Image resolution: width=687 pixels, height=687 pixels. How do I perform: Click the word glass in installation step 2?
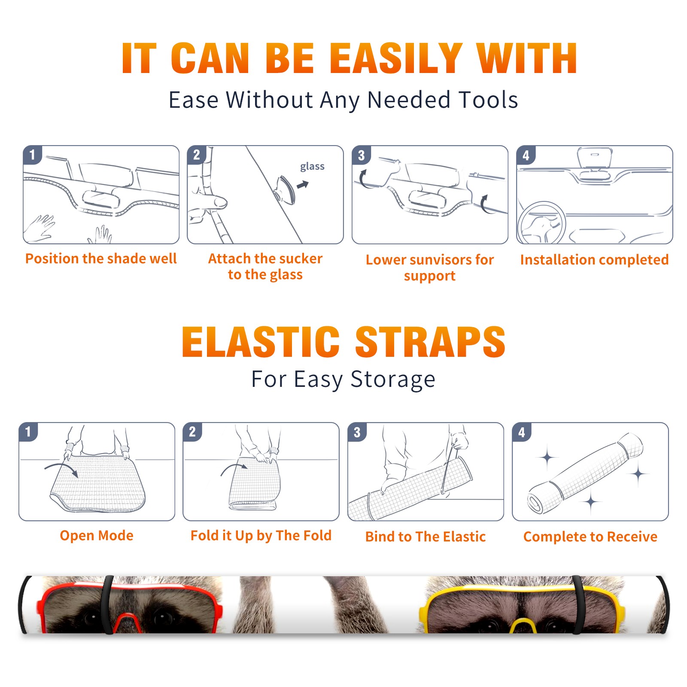tap(312, 167)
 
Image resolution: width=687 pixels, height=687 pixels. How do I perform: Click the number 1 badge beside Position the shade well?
tap(32, 155)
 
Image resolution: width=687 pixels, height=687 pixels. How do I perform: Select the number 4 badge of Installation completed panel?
tap(526, 155)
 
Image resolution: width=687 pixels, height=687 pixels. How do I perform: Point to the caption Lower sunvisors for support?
tap(430, 268)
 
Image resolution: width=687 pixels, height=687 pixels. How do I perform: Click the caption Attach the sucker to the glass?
tap(265, 266)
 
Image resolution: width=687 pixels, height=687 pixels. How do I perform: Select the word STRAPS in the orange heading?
tap(430, 342)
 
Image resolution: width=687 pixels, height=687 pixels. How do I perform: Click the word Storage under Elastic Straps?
tap(393, 380)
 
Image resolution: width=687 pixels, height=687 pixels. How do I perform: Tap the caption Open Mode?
tap(97, 535)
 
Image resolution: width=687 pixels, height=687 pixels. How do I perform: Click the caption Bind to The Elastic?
tap(426, 537)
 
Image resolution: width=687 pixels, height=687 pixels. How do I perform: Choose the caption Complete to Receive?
tap(590, 537)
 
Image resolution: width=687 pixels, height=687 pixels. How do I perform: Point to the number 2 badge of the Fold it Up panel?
tap(192, 432)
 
